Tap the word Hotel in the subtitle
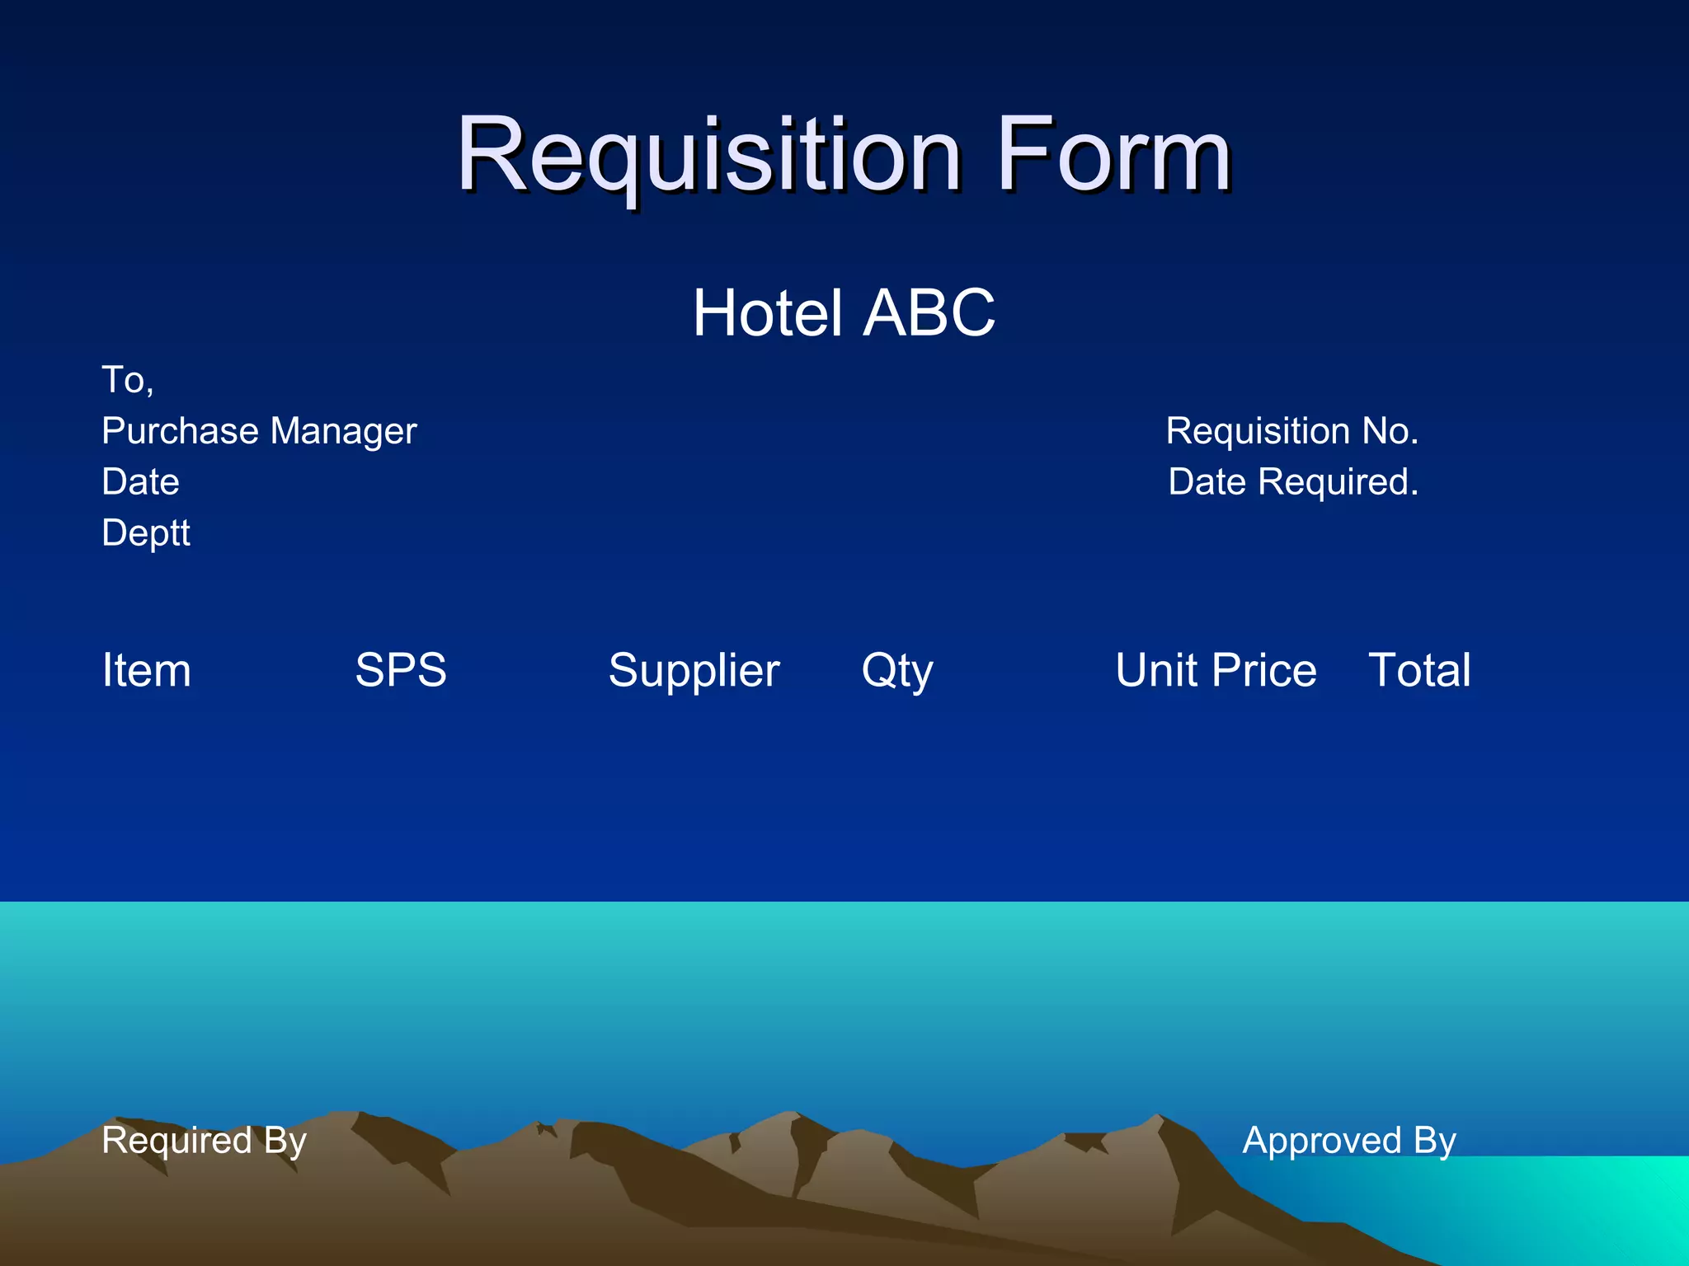pos(767,313)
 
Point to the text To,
pos(127,380)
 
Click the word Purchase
pos(180,431)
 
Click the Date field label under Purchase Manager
pos(140,482)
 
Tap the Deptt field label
pos(146,533)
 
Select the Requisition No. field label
pos(1291,431)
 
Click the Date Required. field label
pos(1293,482)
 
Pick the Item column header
pos(146,670)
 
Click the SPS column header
pos(401,670)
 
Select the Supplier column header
pos(694,670)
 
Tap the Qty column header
pos(897,670)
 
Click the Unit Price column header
pos(1216,670)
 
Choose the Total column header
pos(1419,670)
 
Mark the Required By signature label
pos(204,1141)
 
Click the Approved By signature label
pos(1349,1141)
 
